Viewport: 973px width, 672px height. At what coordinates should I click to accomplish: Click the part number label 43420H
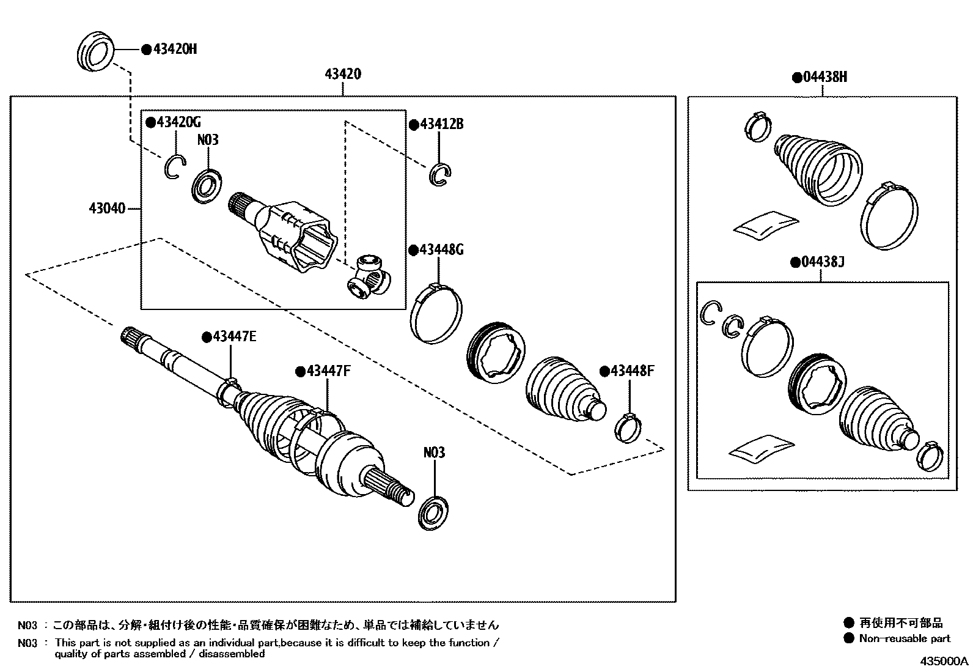click(174, 50)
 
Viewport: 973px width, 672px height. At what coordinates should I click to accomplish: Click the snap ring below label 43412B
click(441, 174)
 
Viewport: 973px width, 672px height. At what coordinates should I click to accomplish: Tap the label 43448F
click(632, 371)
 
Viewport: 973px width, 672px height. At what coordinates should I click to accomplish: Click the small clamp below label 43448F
click(628, 426)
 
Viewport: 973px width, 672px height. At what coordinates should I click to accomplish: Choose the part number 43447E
click(234, 337)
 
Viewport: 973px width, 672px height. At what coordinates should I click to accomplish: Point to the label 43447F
click(328, 371)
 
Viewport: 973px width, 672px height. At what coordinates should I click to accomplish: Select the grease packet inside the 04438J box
click(761, 447)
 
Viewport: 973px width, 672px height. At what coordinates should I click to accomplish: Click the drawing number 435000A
click(945, 662)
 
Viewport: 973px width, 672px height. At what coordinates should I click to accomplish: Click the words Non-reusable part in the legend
click(905, 638)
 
